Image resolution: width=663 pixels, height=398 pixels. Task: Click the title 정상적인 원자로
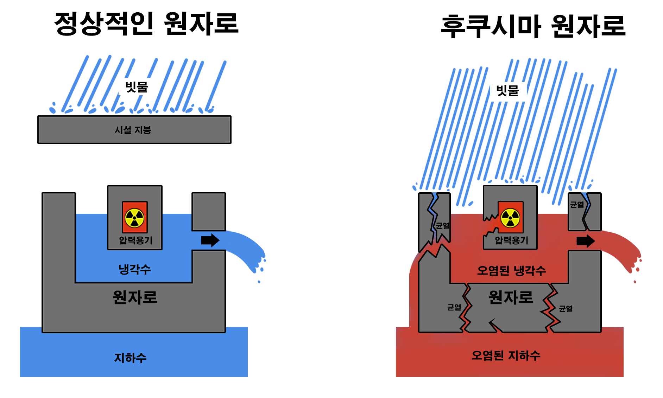[x=146, y=24]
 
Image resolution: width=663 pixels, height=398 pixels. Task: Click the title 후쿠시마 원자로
[x=533, y=27]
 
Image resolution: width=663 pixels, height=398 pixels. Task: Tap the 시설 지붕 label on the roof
[x=133, y=130]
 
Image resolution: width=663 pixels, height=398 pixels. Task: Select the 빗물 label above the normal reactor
[x=137, y=87]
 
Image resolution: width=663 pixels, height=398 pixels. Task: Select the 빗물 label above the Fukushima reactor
[x=507, y=91]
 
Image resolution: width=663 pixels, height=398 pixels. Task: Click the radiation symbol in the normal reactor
[x=135, y=218]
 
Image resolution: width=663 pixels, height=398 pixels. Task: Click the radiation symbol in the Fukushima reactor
[x=510, y=218]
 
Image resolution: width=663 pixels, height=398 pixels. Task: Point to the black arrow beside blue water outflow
[x=210, y=240]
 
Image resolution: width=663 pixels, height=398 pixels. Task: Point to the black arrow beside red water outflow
[x=586, y=241]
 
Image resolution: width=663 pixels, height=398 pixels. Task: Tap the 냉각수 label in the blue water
[x=134, y=269]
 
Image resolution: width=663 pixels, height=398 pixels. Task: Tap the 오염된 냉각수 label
[x=511, y=270]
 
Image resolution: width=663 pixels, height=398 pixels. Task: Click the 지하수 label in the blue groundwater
[x=130, y=358]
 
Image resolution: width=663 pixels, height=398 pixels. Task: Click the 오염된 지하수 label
[x=506, y=355]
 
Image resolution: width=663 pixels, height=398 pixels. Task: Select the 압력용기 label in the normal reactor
[x=135, y=240]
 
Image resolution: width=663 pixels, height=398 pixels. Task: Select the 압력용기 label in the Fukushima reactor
[x=511, y=240]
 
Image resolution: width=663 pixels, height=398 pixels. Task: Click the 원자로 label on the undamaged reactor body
[x=135, y=297]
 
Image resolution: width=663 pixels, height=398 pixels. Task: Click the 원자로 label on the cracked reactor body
[x=511, y=297]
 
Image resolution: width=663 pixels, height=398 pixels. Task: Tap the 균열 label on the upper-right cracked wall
[x=577, y=205]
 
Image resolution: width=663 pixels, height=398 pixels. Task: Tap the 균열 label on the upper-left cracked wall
[x=442, y=226]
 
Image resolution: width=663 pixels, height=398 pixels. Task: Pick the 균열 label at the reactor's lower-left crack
[x=454, y=307]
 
